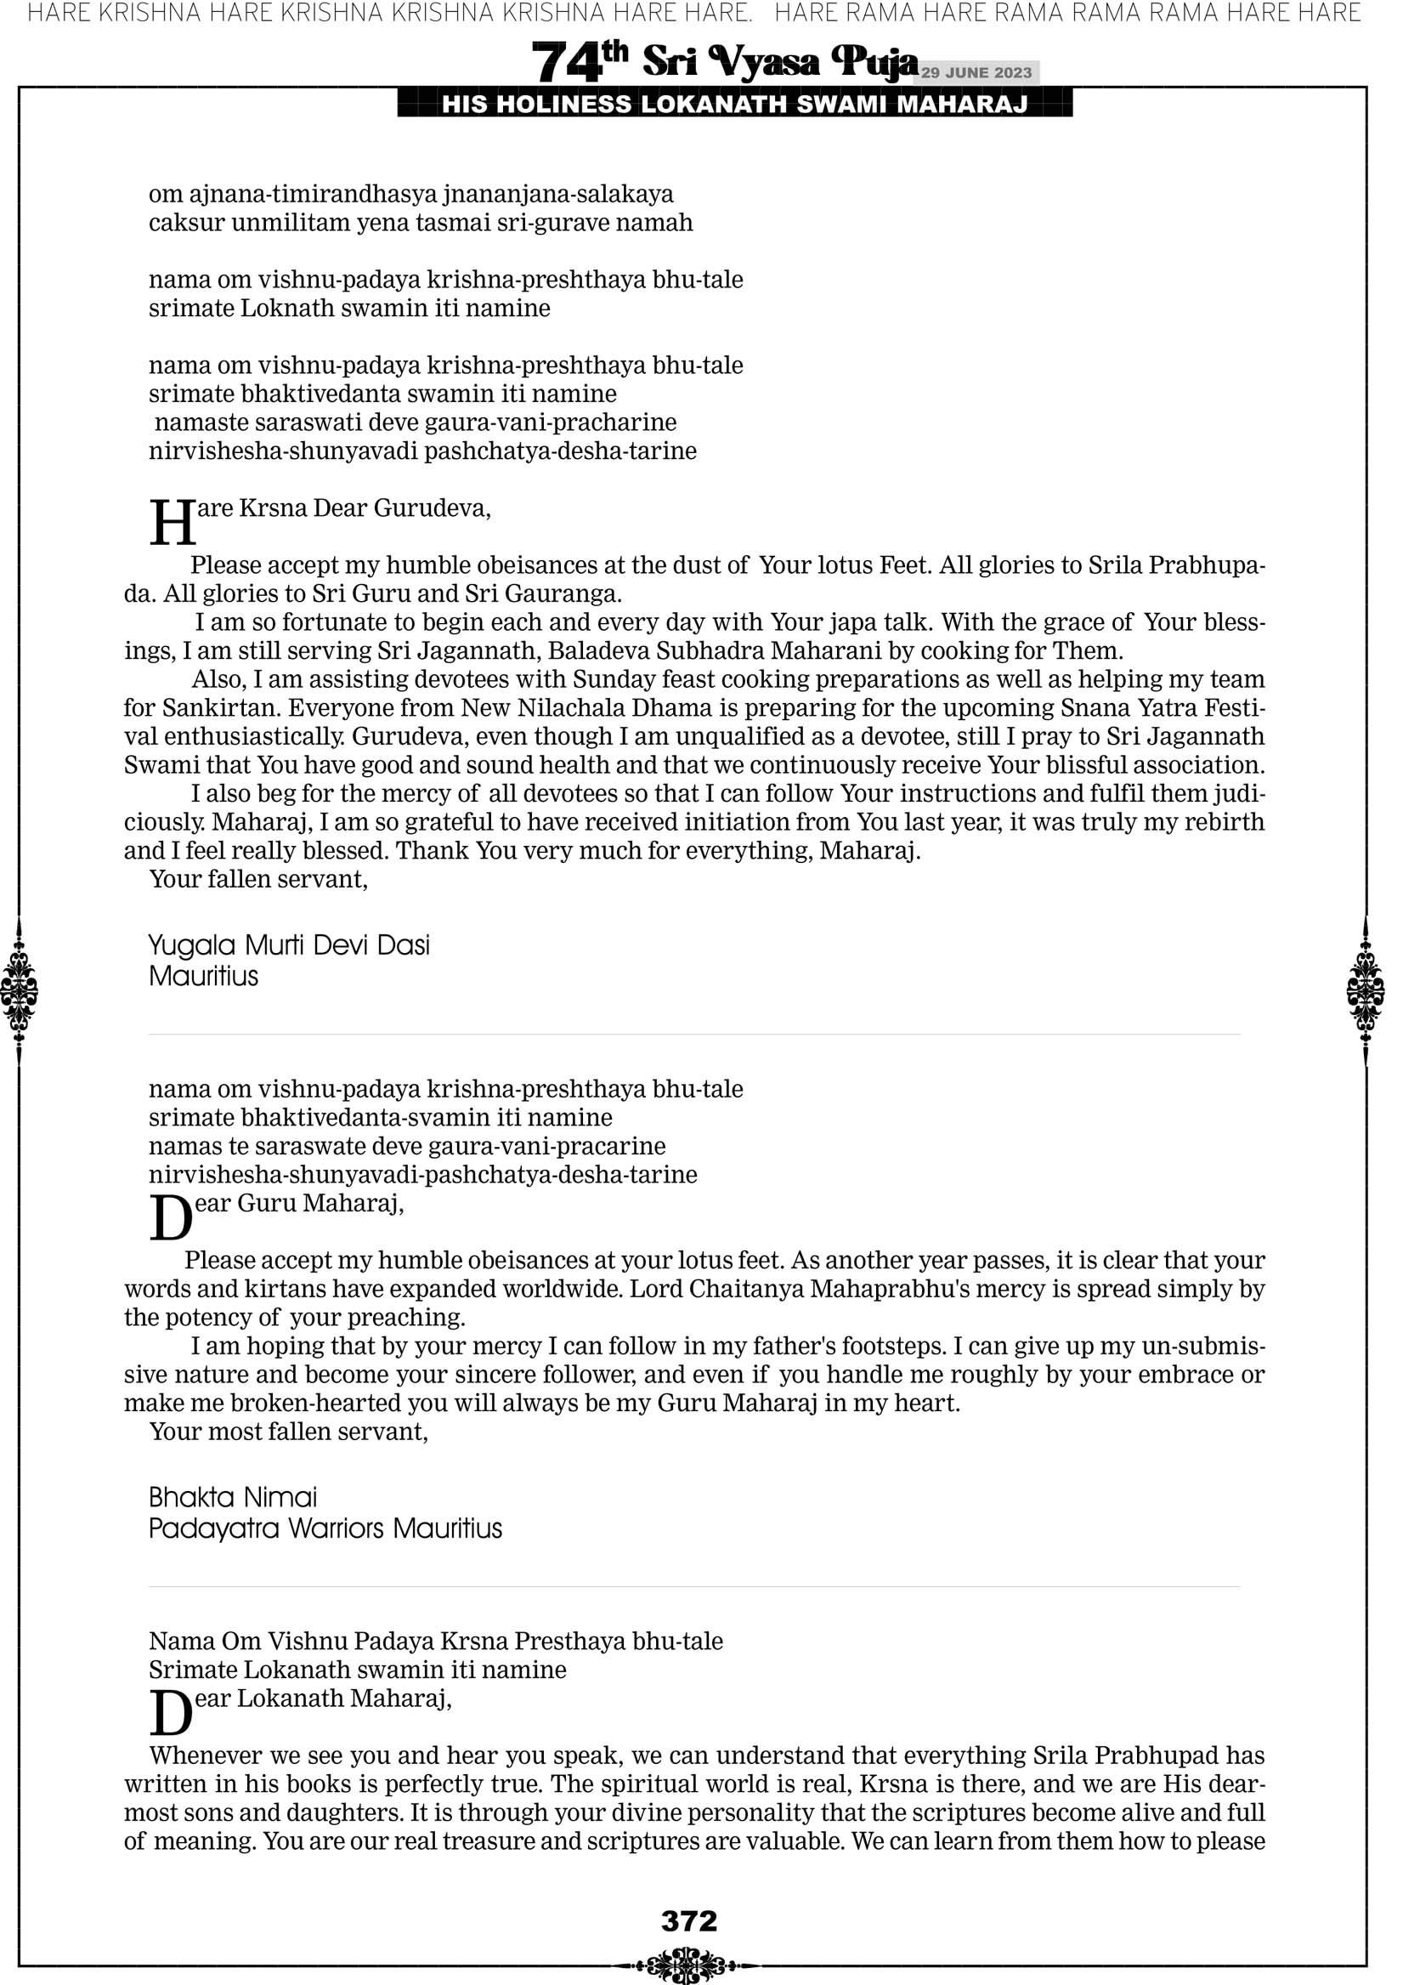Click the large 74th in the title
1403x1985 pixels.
(578, 62)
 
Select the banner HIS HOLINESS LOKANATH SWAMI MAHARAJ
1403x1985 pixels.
(735, 105)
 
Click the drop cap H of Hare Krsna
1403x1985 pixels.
(172, 523)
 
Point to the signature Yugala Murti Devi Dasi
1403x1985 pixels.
(289, 945)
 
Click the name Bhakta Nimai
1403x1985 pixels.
(233, 1496)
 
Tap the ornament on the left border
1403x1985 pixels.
(19, 990)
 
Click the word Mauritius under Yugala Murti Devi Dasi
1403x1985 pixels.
(203, 976)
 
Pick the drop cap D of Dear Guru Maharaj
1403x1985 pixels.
(170, 1218)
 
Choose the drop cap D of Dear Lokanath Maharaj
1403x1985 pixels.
(170, 1714)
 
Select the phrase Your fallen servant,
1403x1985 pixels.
(258, 879)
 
